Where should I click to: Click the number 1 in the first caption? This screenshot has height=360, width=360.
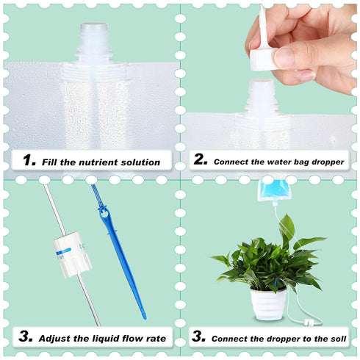tap(29, 160)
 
